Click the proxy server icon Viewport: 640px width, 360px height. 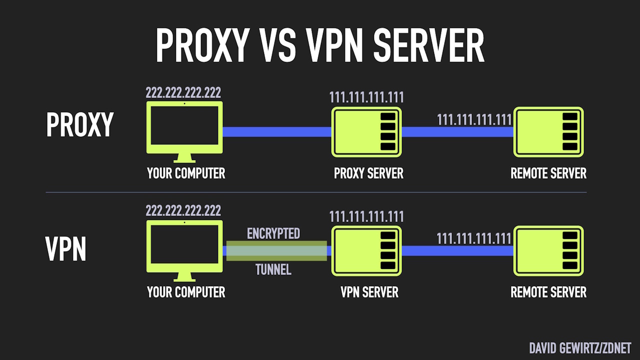366,132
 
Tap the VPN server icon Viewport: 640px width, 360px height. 366,251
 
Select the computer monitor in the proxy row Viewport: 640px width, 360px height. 184,128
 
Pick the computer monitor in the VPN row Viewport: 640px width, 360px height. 184,247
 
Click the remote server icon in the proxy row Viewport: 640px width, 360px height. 548,132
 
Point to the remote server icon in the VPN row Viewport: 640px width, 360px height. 548,251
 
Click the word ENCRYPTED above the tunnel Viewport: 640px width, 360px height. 273,233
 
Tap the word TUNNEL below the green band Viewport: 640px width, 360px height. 273,270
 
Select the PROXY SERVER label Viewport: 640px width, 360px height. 368,173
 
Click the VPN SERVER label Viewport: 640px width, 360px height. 369,292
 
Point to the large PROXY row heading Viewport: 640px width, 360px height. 80,125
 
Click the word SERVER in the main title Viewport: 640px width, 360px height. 428,46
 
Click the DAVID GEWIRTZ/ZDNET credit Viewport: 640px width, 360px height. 580,348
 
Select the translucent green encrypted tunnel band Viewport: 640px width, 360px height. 276,251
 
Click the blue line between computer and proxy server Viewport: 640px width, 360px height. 277,132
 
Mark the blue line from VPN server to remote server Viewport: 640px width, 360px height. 457,251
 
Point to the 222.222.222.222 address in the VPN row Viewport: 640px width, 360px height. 183,210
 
